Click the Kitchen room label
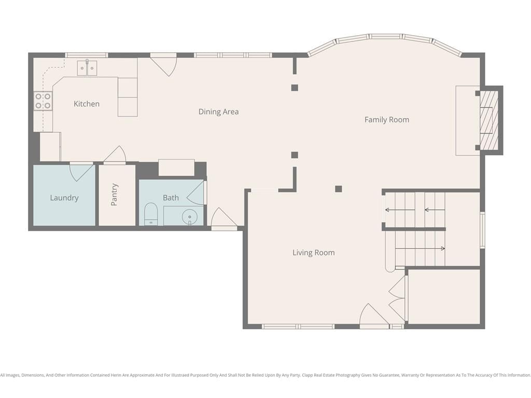[87, 104]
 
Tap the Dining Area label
[218, 111]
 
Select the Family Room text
[387, 120]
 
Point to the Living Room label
[314, 252]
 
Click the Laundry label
[64, 197]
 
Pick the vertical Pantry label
[114, 195]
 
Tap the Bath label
[171, 197]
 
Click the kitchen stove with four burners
[43, 101]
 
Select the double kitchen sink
[87, 68]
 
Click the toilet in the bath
[151, 214]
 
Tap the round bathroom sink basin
[190, 217]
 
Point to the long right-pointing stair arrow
[420, 249]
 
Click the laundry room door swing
[82, 172]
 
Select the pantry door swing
[115, 154]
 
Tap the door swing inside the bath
[196, 193]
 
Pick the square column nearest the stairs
[338, 189]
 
